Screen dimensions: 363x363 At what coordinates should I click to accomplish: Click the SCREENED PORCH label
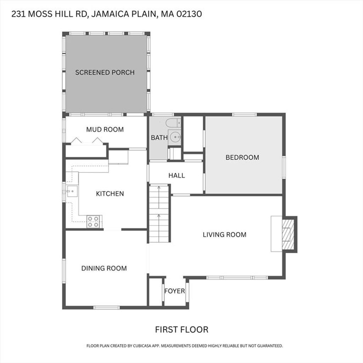[105, 72]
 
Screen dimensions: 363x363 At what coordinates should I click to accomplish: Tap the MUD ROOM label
[105, 129]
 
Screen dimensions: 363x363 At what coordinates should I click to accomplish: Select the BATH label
[159, 138]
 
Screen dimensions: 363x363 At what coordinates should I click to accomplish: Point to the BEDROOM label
[242, 157]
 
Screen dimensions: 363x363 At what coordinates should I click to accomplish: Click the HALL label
[177, 175]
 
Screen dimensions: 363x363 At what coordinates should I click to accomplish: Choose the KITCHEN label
[110, 194]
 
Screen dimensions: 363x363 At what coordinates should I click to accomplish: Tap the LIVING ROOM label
[224, 235]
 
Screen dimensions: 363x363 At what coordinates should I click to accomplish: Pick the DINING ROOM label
[104, 268]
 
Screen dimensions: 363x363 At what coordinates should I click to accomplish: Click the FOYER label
[174, 291]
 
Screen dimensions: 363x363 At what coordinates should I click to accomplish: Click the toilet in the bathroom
[173, 123]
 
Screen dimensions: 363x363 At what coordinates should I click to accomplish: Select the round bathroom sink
[174, 137]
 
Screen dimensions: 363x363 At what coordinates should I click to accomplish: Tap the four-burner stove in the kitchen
[93, 222]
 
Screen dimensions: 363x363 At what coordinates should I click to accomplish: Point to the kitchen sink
[72, 191]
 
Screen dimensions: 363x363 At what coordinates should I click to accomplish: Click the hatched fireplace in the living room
[288, 234]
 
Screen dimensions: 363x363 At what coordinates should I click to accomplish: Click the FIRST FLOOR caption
[182, 329]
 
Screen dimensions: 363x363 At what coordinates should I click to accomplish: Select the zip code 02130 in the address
[189, 14]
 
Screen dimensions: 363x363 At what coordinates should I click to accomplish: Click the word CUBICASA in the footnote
[143, 346]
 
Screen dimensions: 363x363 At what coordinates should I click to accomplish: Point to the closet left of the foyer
[155, 292]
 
